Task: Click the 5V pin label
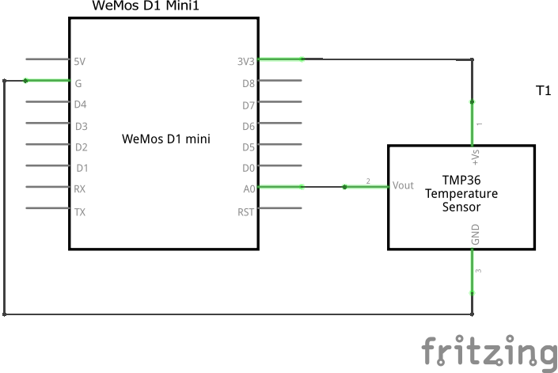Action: point(79,61)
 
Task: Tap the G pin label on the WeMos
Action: point(78,82)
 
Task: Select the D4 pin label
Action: point(80,104)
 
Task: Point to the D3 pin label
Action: point(81,125)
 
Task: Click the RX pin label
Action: point(80,189)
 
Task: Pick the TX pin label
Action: point(80,211)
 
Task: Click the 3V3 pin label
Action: point(246,61)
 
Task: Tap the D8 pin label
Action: point(248,82)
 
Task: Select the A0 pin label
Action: point(249,189)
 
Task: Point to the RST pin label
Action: point(246,211)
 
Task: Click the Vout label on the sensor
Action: point(403,185)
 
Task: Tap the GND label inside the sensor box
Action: point(476,235)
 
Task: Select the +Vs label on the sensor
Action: point(476,157)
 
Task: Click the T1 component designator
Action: point(543,91)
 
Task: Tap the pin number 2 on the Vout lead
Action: point(368,181)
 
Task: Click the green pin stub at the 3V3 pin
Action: point(281,59)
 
